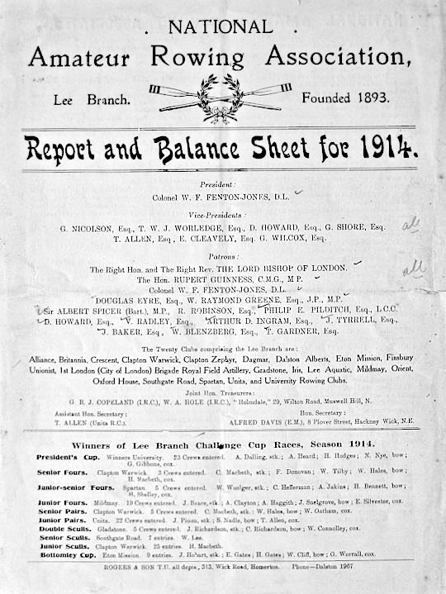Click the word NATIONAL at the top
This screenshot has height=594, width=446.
click(220, 27)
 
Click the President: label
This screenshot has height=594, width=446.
click(217, 184)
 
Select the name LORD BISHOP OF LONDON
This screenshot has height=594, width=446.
click(294, 269)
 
